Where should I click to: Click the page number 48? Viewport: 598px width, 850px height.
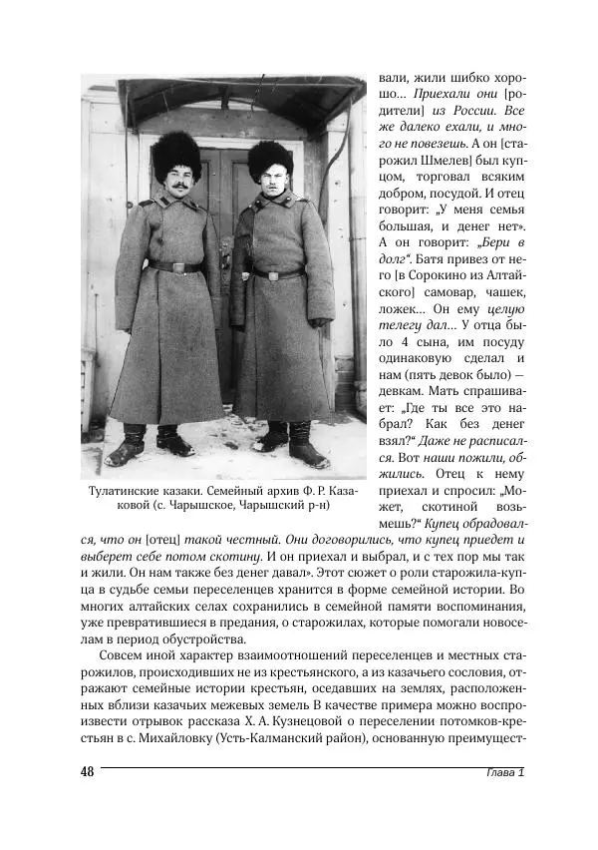[x=87, y=774]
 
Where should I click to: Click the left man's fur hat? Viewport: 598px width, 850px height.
[x=177, y=154]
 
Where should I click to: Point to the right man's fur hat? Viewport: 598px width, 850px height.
[x=270, y=158]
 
